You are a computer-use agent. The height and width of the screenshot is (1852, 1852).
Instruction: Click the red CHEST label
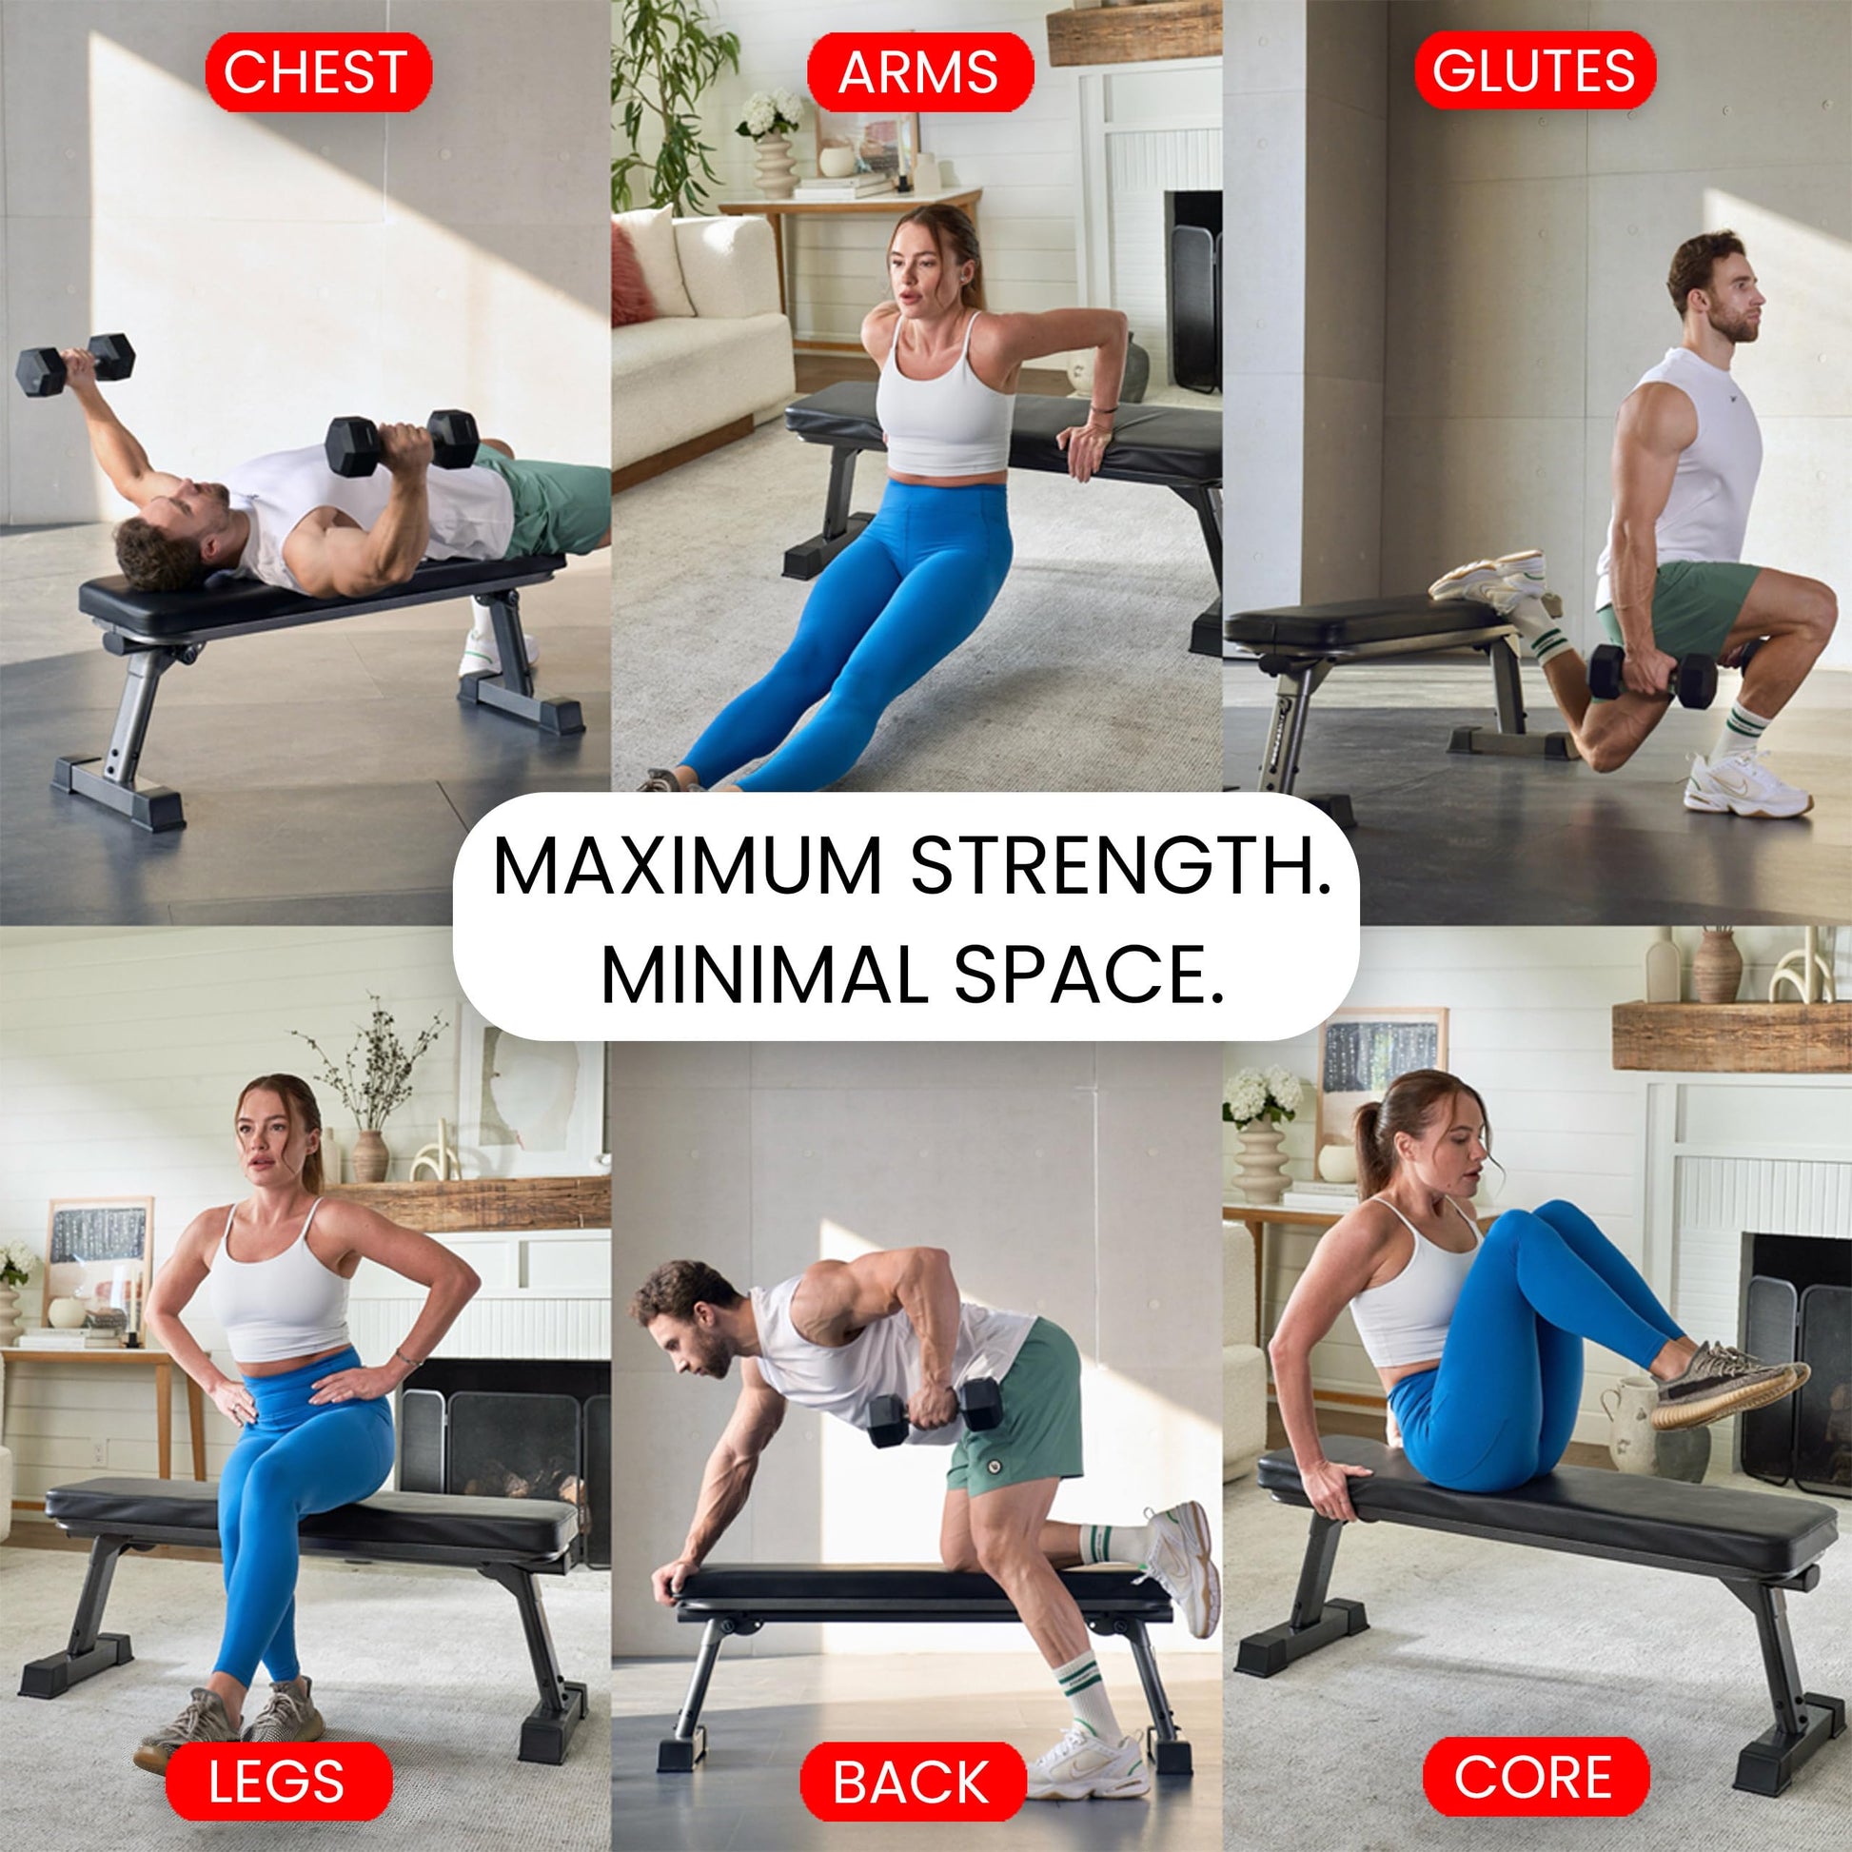click(318, 72)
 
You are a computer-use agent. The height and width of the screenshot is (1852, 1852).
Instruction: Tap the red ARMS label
click(919, 72)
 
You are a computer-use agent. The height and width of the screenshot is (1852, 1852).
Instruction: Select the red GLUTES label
click(1535, 71)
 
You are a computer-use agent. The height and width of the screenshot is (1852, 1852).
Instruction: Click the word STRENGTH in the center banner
click(1120, 867)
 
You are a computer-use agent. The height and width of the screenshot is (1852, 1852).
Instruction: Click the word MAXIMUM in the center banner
click(686, 867)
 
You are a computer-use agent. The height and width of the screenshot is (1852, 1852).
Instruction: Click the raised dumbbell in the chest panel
click(75, 365)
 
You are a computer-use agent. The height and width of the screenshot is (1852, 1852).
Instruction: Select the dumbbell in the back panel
click(935, 1412)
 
